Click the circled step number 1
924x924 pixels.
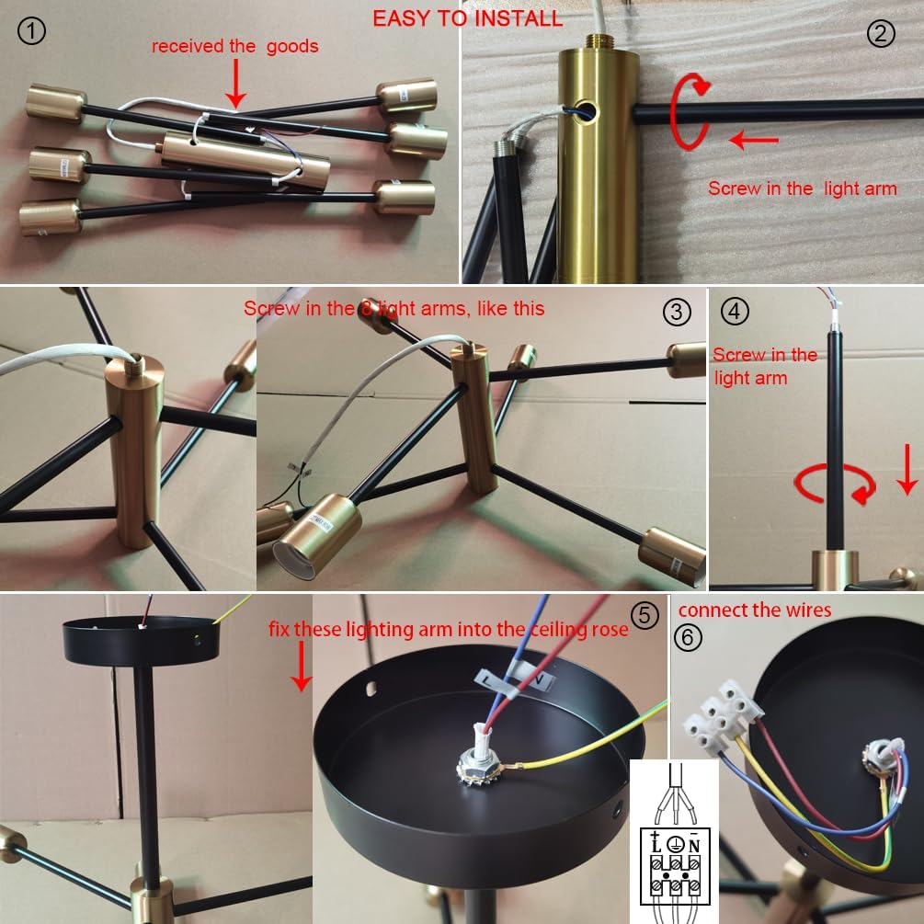click(31, 31)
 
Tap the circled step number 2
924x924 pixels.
click(881, 33)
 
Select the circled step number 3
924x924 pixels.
click(677, 312)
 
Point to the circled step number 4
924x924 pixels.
click(735, 311)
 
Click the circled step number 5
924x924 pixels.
click(645, 615)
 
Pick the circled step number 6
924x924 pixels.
click(687, 638)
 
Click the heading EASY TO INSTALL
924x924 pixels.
click(468, 18)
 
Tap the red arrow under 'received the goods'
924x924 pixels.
click(235, 83)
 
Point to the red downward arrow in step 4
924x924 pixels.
click(907, 470)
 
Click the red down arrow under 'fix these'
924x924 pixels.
click(302, 666)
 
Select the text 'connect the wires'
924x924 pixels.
click(754, 610)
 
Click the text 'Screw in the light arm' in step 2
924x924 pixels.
click(802, 188)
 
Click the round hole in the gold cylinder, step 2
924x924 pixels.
click(585, 108)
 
